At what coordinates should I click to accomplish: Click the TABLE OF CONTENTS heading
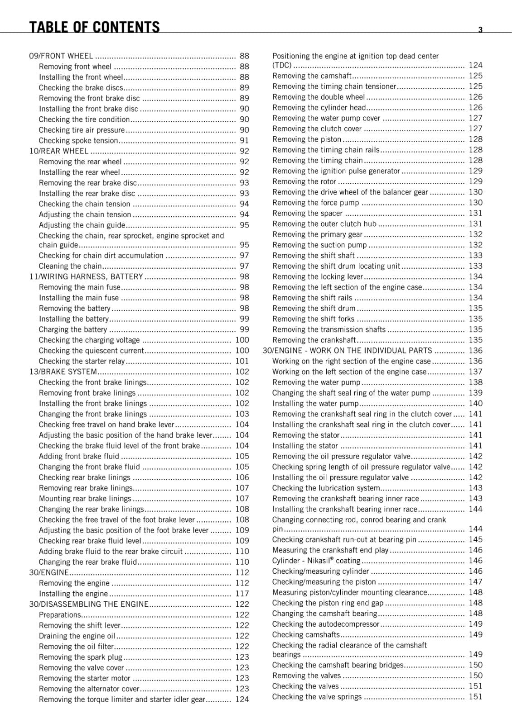(x=94, y=28)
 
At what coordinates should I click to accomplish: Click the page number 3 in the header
(x=480, y=30)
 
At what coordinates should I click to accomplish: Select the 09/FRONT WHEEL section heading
(x=61, y=56)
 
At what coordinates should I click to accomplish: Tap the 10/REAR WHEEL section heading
(x=59, y=151)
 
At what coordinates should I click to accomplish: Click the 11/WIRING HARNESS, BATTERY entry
(x=86, y=276)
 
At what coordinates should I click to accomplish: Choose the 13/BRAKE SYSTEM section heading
(x=63, y=372)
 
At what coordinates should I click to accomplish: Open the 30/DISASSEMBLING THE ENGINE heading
(x=89, y=604)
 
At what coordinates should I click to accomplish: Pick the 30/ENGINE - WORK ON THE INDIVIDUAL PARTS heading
(x=348, y=351)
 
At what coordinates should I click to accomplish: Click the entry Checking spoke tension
(x=78, y=141)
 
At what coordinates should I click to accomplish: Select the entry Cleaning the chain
(x=70, y=266)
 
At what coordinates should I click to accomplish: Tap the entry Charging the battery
(x=73, y=329)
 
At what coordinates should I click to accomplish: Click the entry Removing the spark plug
(x=81, y=657)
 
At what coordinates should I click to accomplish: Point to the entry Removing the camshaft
(x=312, y=76)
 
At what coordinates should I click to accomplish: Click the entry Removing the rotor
(x=304, y=181)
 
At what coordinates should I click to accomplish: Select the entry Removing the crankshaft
(x=314, y=340)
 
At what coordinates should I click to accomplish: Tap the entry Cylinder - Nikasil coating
(x=316, y=561)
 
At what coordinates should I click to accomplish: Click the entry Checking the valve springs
(x=317, y=697)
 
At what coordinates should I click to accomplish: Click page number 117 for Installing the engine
(x=242, y=594)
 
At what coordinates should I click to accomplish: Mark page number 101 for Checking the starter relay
(x=242, y=361)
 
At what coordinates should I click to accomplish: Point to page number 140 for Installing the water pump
(x=475, y=403)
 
